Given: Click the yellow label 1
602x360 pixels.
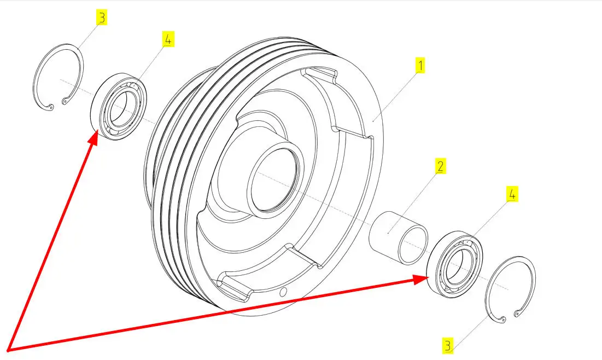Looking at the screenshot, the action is pos(420,65).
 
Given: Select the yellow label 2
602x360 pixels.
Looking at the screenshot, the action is pos(440,166).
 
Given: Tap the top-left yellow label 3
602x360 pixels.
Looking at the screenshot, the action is pos(101,18).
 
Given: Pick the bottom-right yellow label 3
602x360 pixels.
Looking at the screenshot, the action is pos(448,345).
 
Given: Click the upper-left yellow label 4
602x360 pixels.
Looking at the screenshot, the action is pos(168,39).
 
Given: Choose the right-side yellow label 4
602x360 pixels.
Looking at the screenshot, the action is pos(512,194).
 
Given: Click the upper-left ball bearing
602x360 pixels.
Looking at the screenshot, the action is pos(118,107).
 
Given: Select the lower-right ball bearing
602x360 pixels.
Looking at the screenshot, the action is pos(455,264).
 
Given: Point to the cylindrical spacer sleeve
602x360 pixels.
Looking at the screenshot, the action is pos(398,238).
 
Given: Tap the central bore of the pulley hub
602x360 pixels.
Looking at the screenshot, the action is pos(273,179).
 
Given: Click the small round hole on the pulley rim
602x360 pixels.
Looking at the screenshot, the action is pos(283,292).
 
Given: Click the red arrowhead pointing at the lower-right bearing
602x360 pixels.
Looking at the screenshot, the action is pos(420,280).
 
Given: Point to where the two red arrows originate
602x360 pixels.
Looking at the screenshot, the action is pos(8,350).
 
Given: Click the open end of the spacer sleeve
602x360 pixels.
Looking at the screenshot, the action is pos(413,245).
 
